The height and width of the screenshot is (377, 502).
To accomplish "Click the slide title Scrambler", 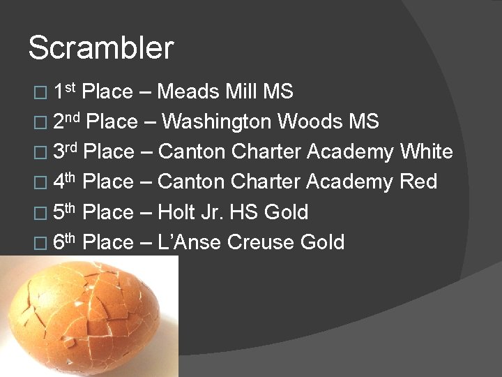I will pos(100,48).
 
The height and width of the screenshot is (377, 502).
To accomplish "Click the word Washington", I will pos(217,121).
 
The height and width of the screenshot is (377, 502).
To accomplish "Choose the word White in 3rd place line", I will pos(426,151).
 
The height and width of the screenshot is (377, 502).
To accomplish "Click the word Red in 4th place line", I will pos(418,182).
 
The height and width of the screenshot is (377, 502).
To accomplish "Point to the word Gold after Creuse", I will pos(321,242).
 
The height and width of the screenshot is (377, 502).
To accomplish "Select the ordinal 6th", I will pos(64,241).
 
